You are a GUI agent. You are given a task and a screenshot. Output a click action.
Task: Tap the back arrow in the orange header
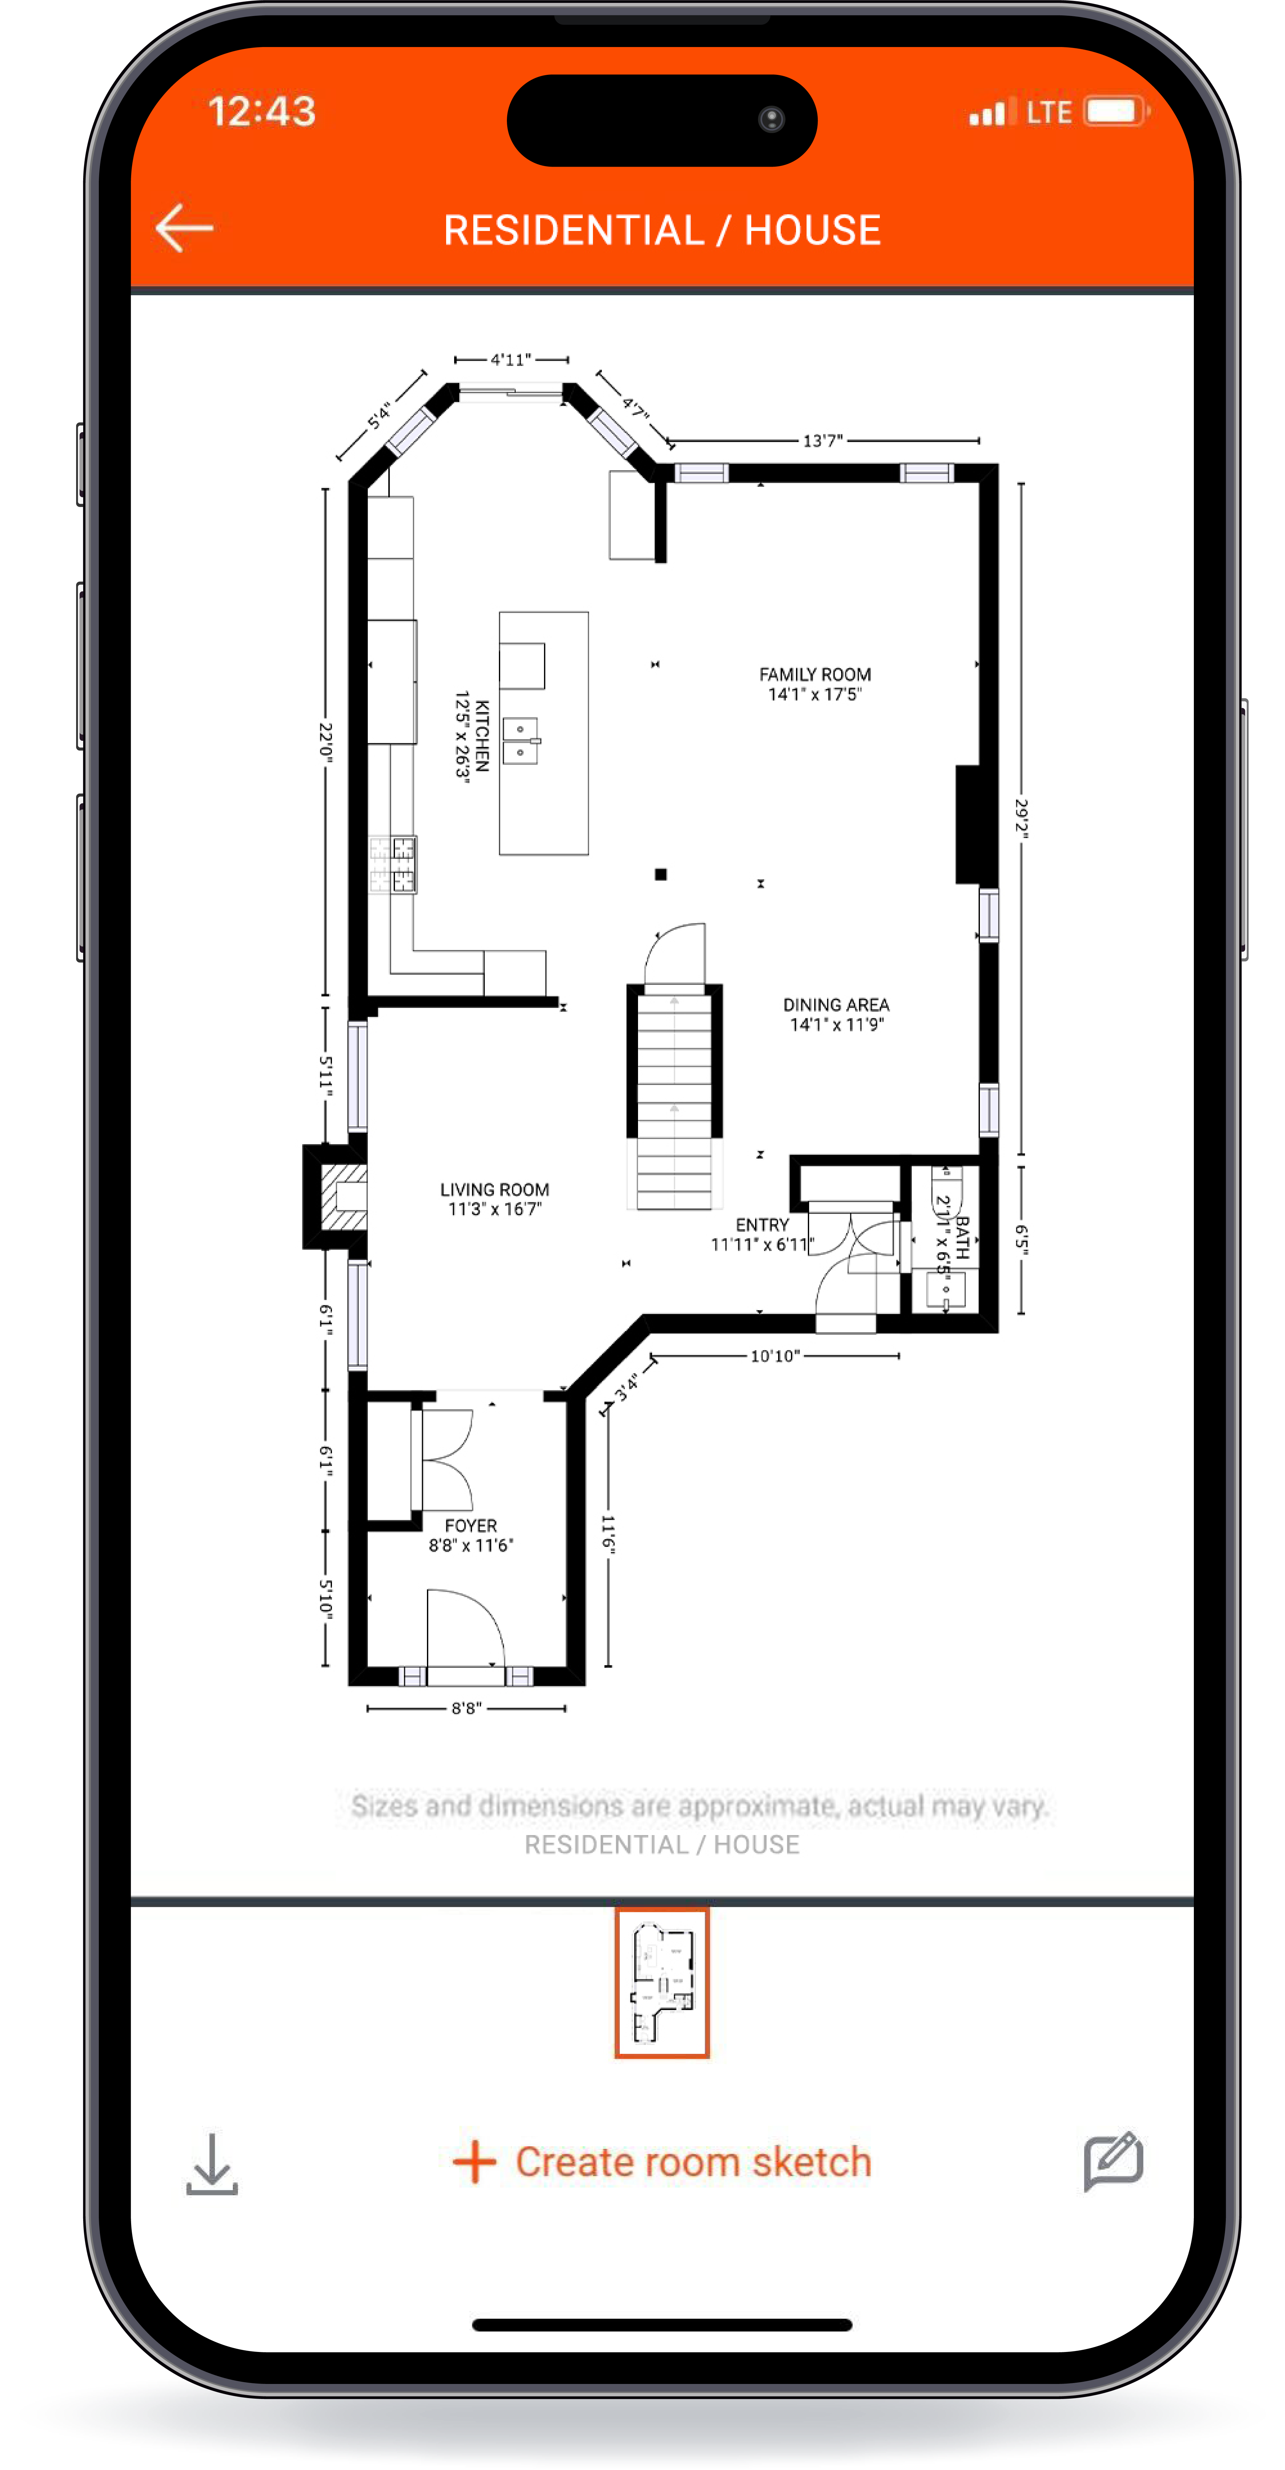[x=184, y=228]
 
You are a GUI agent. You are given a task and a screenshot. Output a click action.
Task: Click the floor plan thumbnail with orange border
[x=662, y=1982]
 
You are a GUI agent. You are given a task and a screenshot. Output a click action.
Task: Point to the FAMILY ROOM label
[x=815, y=674]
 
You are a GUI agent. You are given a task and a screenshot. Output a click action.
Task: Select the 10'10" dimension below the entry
[x=774, y=1356]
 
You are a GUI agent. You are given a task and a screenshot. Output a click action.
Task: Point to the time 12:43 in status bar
[x=262, y=111]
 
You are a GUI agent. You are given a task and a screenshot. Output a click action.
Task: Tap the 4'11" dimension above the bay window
[x=510, y=360]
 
